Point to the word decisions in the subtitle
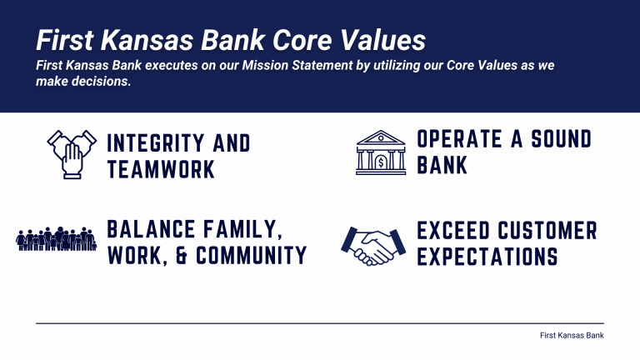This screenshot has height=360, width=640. (x=100, y=82)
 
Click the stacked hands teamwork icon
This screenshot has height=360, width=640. (x=71, y=154)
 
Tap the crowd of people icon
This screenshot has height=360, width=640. (x=57, y=239)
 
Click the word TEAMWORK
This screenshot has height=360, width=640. (x=161, y=170)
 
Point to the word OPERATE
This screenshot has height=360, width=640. (x=463, y=138)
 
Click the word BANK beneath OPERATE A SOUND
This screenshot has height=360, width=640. (x=442, y=165)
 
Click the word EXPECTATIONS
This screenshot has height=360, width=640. (x=487, y=257)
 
